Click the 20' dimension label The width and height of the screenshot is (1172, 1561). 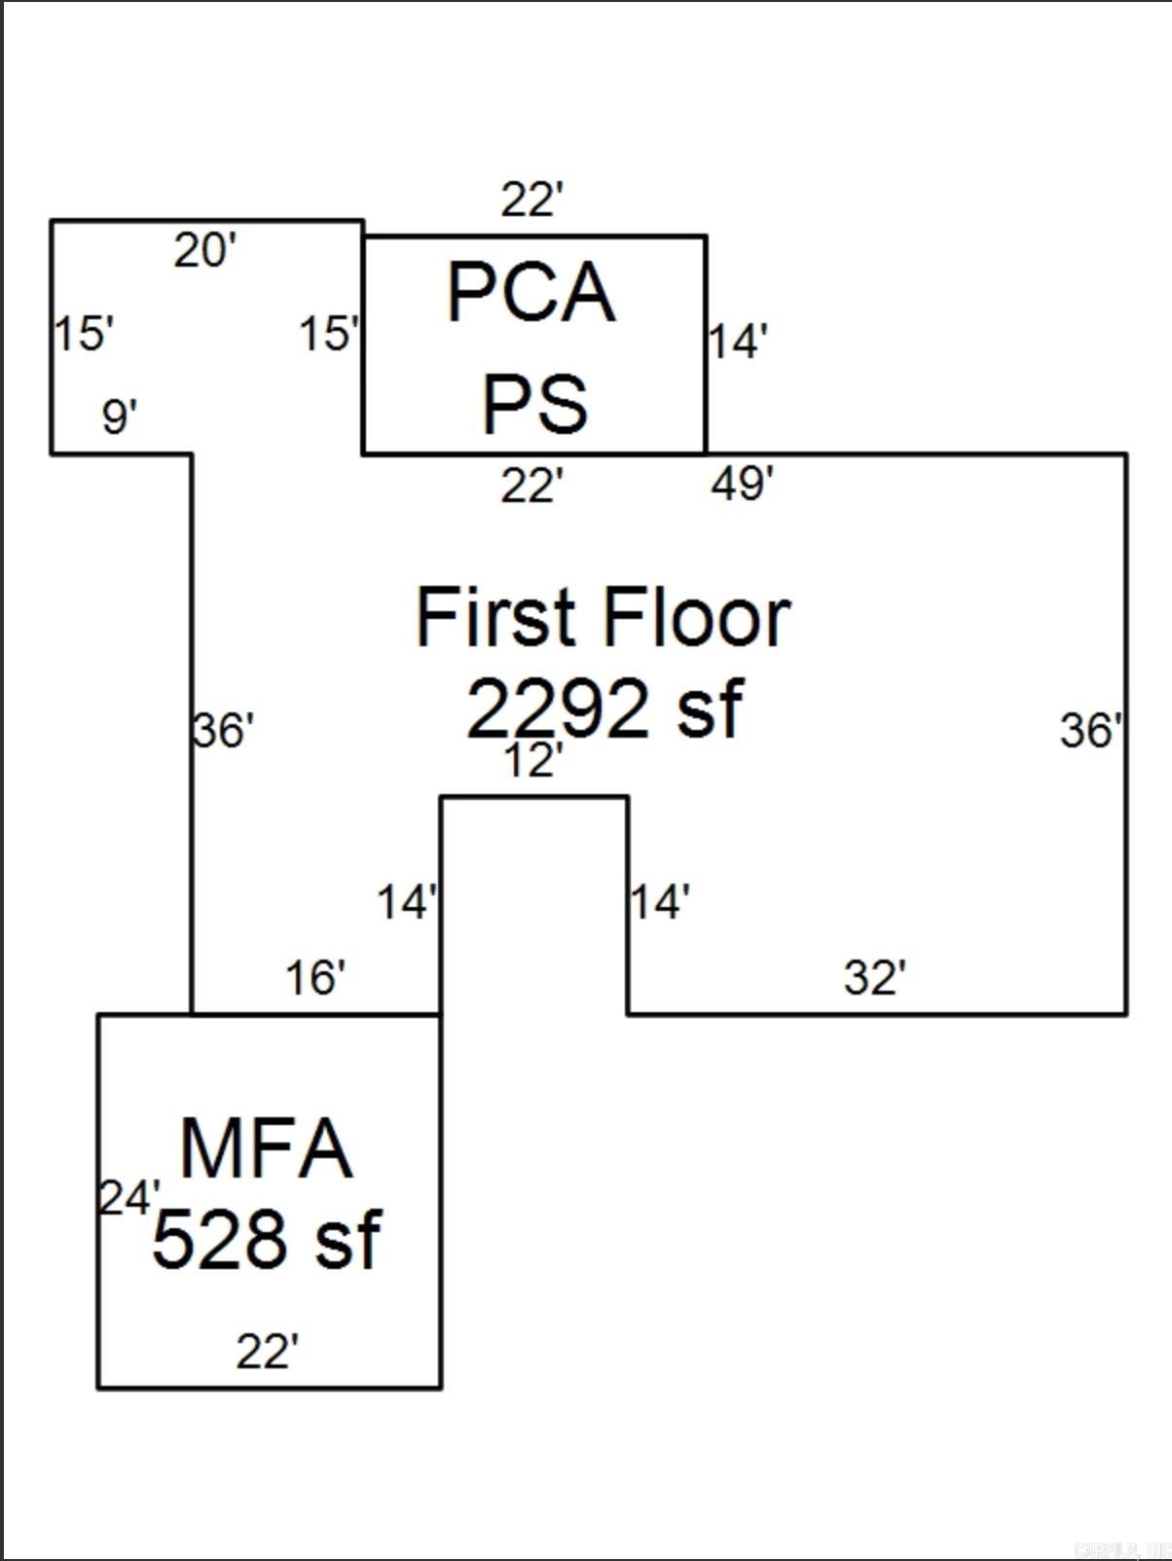click(205, 251)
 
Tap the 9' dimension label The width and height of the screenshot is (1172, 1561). click(120, 417)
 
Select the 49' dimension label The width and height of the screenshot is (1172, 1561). click(743, 483)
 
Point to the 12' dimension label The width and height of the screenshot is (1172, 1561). click(533, 760)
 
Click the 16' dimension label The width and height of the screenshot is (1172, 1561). click(315, 977)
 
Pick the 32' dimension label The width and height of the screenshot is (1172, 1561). click(875, 977)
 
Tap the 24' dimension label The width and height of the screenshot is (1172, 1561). click(129, 1198)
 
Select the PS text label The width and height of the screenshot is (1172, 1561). click(534, 404)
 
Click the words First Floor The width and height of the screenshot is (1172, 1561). click(603, 617)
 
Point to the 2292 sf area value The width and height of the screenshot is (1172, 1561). click(604, 708)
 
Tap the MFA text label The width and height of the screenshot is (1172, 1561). click(266, 1149)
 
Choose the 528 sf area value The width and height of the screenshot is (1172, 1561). click(266, 1240)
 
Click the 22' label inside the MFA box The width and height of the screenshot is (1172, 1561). click(268, 1352)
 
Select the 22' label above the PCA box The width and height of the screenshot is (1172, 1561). click(532, 200)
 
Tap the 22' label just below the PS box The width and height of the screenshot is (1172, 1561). click(531, 485)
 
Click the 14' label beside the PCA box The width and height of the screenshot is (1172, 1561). click(738, 342)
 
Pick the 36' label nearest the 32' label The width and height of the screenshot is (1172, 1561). click(1091, 731)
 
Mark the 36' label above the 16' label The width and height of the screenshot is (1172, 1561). click(224, 731)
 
